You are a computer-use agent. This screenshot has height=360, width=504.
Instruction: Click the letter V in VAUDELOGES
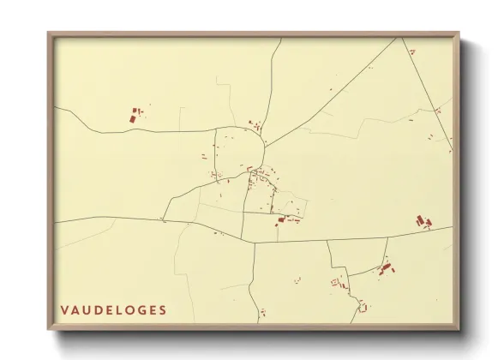(x=65, y=309)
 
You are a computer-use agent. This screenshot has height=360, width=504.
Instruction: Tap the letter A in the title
(x=78, y=309)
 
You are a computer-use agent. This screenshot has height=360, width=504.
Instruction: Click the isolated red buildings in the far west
(x=135, y=114)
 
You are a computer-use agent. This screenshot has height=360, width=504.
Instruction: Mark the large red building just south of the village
(x=279, y=221)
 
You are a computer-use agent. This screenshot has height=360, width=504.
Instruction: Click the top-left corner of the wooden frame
(x=49, y=33)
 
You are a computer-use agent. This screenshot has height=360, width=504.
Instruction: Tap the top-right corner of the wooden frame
(x=459, y=33)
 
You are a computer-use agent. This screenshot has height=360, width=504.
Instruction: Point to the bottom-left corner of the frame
(x=49, y=330)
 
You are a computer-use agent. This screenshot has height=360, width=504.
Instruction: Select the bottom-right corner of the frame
(x=459, y=330)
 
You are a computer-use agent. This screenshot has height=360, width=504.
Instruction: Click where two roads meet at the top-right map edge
(x=398, y=39)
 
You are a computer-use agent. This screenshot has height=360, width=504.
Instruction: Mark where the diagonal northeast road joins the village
(x=265, y=146)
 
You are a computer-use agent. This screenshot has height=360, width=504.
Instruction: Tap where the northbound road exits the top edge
(x=280, y=39)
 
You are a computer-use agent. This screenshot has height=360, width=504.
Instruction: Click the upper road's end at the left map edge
(x=56, y=107)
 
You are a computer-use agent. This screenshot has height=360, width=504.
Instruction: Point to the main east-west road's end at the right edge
(x=452, y=228)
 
